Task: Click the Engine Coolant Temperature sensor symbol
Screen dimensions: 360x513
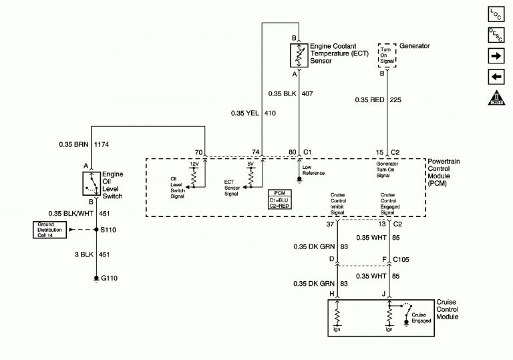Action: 297,54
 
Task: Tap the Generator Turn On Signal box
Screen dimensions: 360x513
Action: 385,54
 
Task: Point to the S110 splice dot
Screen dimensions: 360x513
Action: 96,230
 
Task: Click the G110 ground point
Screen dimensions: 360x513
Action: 96,277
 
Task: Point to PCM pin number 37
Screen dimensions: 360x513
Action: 330,224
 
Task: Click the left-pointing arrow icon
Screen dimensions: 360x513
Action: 495,77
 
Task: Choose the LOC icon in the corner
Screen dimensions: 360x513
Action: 495,13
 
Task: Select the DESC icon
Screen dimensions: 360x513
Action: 495,35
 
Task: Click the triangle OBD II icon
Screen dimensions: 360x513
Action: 495,100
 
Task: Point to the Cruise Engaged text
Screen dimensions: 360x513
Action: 421,317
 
